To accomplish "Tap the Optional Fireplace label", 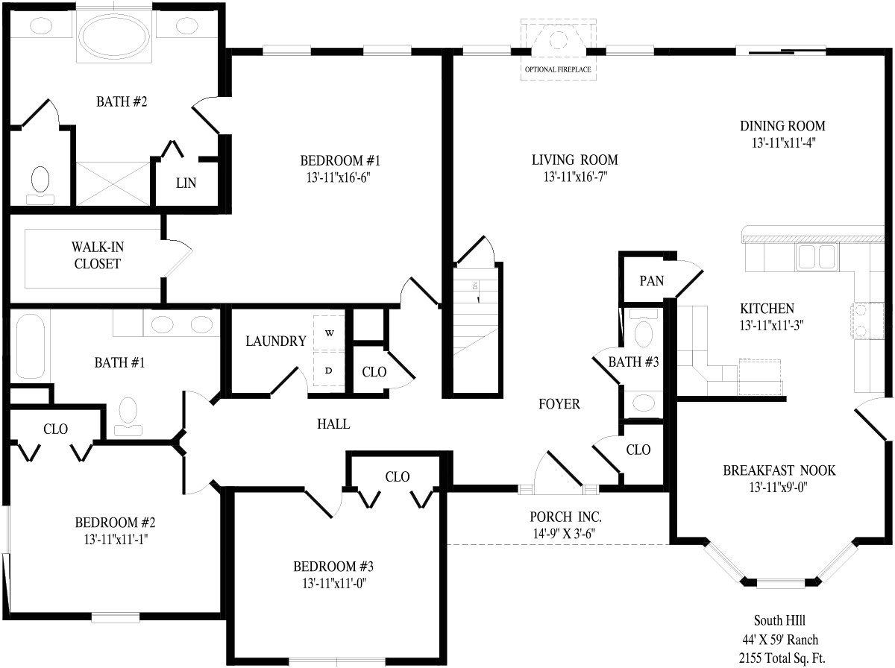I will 559,70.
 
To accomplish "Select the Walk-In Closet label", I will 97,254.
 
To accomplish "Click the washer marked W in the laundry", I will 329,333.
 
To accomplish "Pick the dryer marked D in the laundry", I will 329,370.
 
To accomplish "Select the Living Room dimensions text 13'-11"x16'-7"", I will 574,177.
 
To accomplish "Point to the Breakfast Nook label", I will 779,470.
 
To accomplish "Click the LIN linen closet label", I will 186,183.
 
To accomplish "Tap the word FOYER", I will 559,404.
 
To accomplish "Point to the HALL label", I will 333,424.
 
